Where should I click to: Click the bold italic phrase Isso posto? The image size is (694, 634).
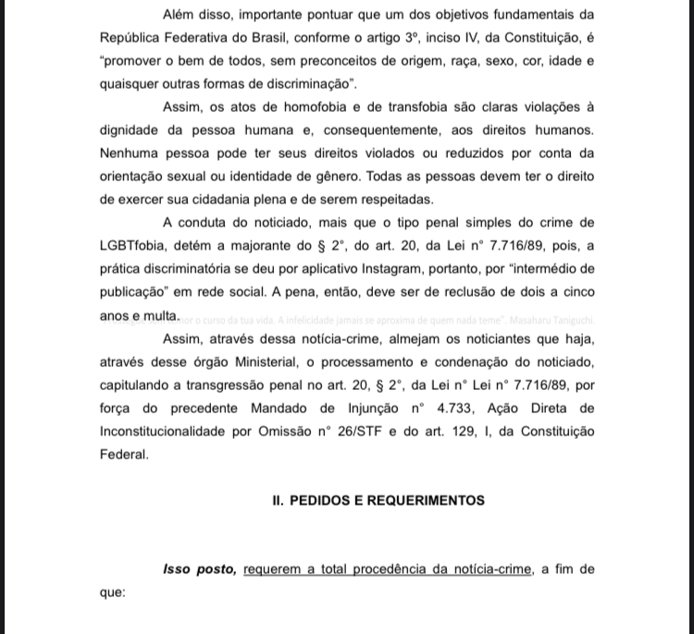199,569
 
